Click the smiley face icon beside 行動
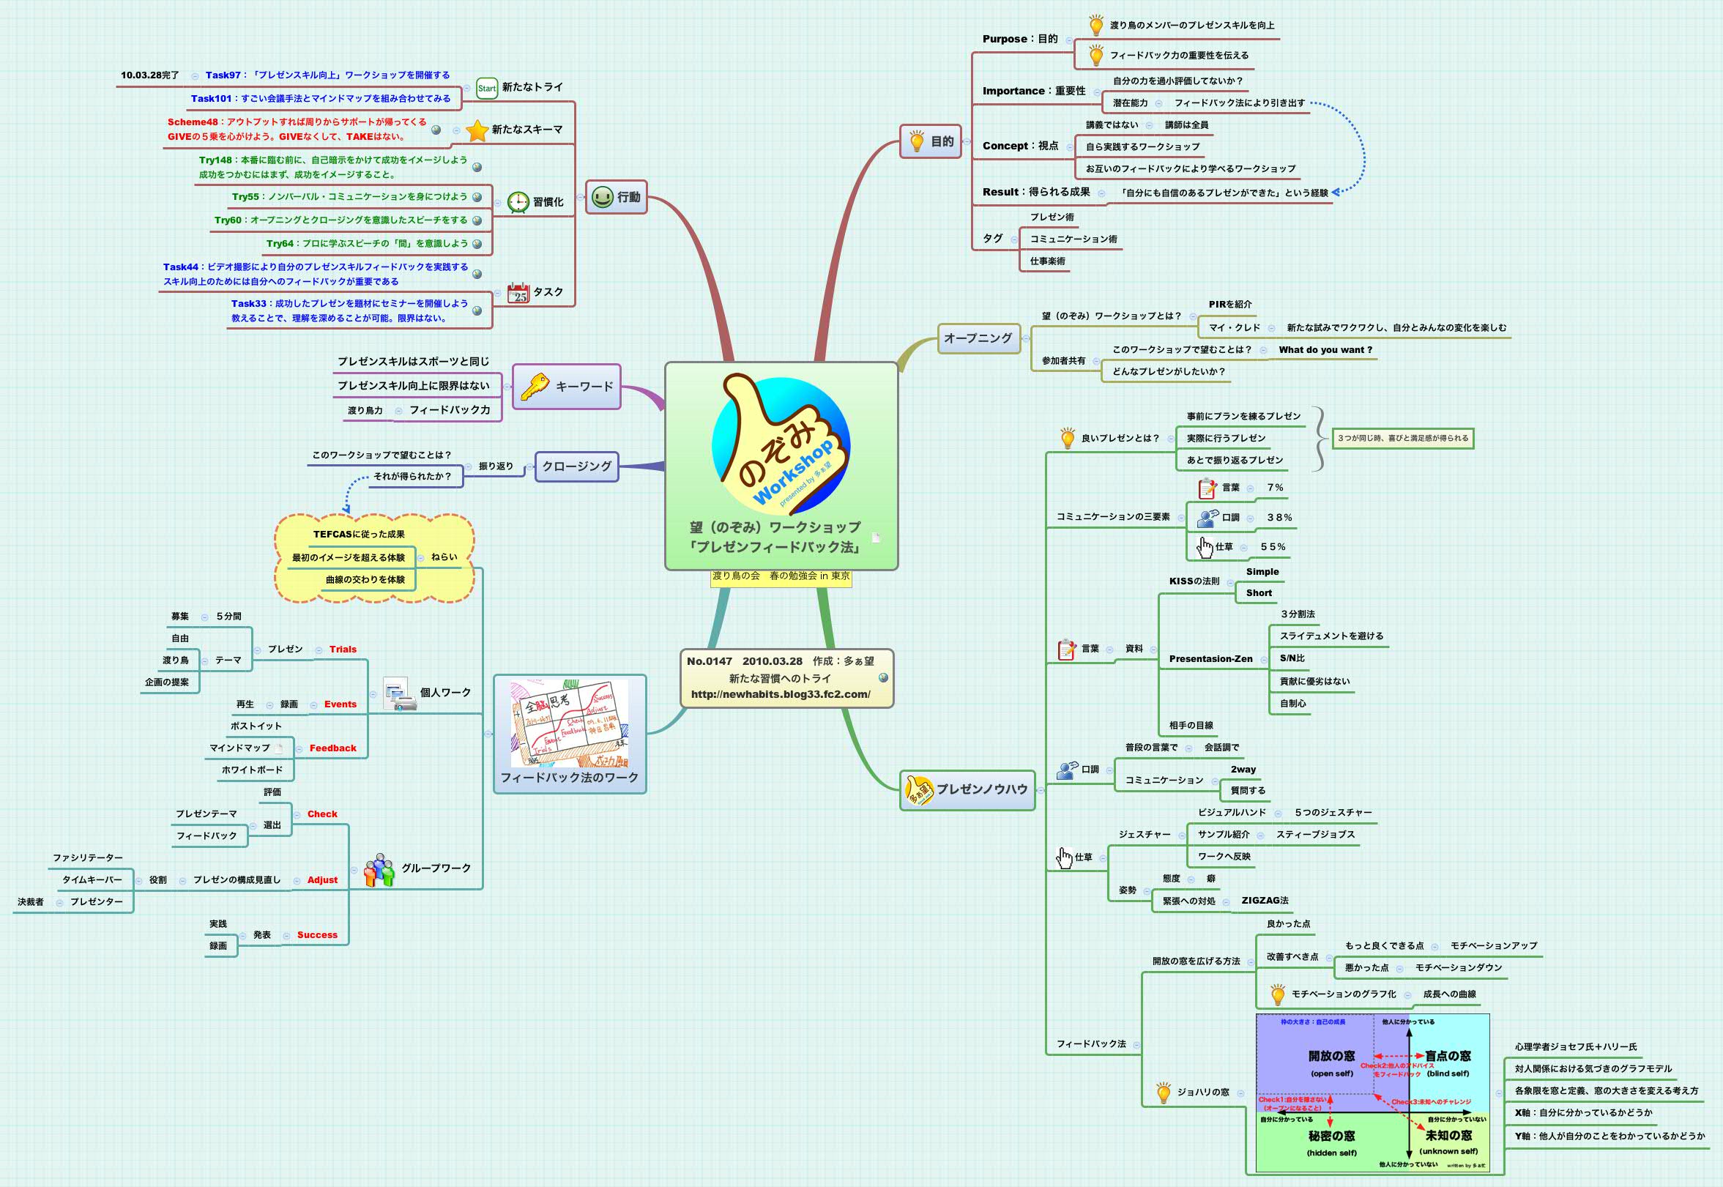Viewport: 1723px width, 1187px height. pos(603,197)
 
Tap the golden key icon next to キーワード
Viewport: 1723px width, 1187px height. pos(535,386)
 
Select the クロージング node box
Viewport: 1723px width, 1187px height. pos(576,466)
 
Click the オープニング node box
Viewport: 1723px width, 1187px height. pos(978,338)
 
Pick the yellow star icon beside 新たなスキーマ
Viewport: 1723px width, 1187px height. pos(477,130)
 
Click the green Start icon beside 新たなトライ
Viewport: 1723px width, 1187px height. pos(486,88)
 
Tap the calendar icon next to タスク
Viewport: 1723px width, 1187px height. pos(518,293)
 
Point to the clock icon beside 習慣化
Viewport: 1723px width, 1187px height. pos(518,201)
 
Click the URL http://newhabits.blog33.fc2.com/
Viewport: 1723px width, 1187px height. pos(780,694)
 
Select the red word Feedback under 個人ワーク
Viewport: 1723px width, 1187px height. pos(332,748)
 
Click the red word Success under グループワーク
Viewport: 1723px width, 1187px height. pos(317,935)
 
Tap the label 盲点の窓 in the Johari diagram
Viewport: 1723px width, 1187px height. pos(1447,1056)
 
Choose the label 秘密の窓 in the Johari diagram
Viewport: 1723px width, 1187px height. pos(1331,1136)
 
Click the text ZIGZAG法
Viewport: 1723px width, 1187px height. pos(1264,901)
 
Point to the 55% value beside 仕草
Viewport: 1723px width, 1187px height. pos(1273,547)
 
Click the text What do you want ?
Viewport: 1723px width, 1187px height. pos(1325,349)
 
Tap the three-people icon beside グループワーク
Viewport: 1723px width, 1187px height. pos(379,869)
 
